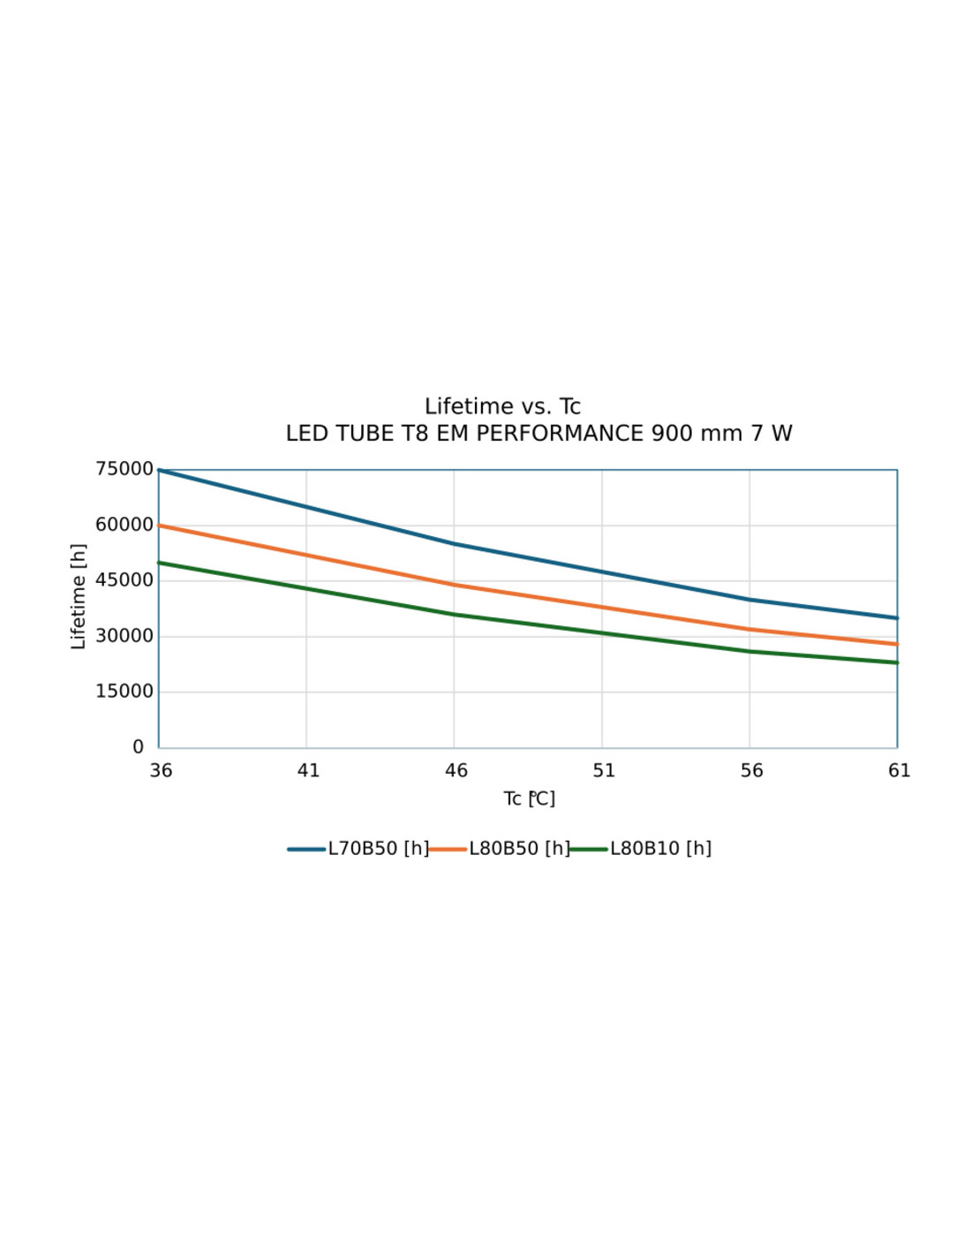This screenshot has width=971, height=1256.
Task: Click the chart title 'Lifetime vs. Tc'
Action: pos(502,406)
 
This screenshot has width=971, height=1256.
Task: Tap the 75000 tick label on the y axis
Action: pos(124,469)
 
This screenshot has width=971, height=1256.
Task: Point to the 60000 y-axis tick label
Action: pos(124,525)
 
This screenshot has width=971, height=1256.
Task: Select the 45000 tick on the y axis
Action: pos(124,580)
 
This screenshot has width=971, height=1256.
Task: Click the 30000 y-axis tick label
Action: pos(124,636)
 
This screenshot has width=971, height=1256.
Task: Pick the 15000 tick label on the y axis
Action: pos(124,692)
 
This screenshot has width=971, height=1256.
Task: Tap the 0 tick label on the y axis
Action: pos(139,747)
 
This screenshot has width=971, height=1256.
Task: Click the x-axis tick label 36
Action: pos(161,771)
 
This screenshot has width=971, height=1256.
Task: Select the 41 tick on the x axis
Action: pos(308,771)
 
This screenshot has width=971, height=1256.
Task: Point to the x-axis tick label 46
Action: pos(455,771)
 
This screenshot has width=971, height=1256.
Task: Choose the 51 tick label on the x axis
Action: pos(604,771)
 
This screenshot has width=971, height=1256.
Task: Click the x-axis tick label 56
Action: pos(751,771)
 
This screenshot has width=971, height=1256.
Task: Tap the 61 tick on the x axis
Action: pos(899,771)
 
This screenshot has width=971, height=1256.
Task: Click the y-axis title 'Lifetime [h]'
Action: pos(79,597)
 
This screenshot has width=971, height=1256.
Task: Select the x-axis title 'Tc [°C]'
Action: pos(529,799)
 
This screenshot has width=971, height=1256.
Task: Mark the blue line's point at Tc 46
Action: pos(455,544)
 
